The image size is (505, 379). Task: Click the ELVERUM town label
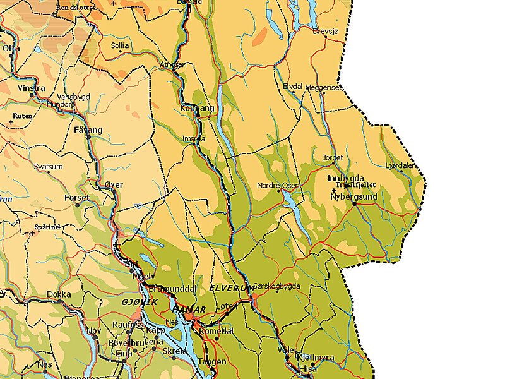(x=230, y=288)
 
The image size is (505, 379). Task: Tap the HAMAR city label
(x=188, y=309)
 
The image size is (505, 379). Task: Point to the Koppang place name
(x=198, y=108)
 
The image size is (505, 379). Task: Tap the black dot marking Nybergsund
(x=355, y=203)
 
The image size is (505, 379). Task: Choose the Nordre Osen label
(x=279, y=185)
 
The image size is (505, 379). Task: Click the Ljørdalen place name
(x=400, y=165)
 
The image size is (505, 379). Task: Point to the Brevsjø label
(x=327, y=30)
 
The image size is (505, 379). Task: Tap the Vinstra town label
(x=32, y=88)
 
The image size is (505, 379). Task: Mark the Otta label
(x=11, y=47)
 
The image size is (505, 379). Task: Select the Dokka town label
(x=59, y=294)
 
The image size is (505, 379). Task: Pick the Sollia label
(x=120, y=45)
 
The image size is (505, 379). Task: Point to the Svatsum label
(x=49, y=166)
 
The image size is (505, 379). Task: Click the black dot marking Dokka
(x=60, y=301)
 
